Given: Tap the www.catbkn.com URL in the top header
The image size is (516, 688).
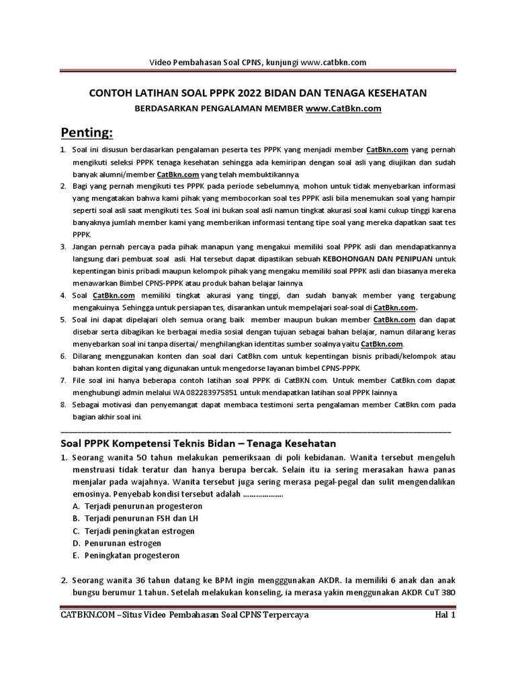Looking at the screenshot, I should pos(333,62).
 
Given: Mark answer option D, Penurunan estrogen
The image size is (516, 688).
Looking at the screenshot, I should pos(126,544).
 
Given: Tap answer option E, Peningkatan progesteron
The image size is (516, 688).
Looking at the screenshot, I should pos(132,556).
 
